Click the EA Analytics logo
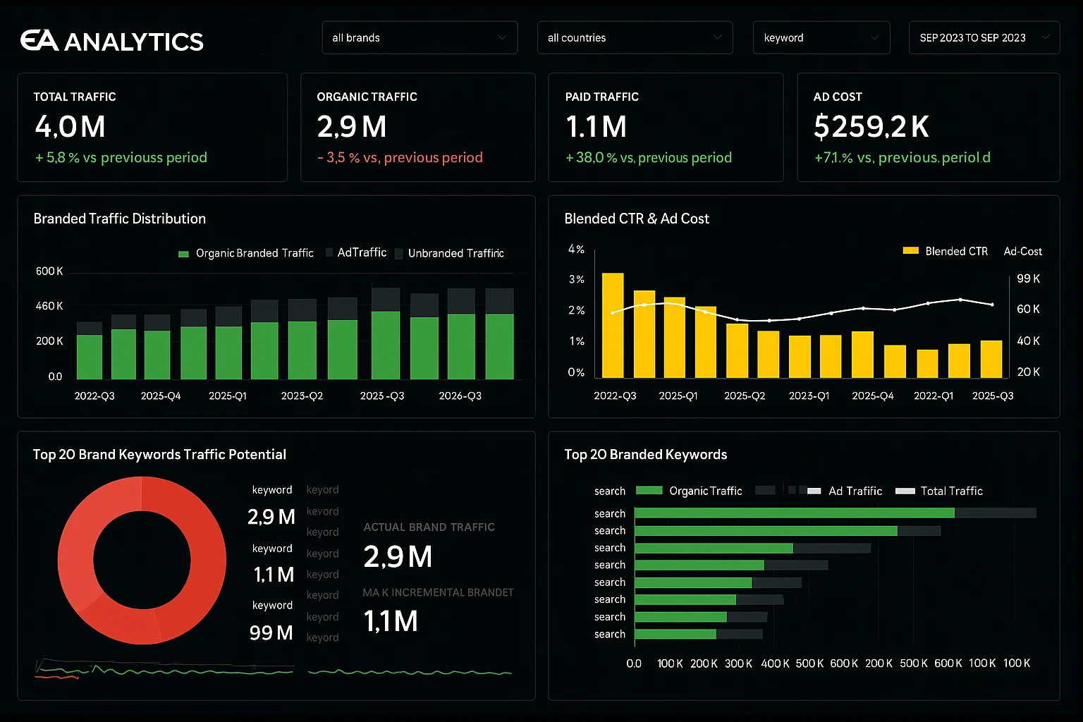pyautogui.click(x=111, y=41)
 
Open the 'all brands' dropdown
pyautogui.click(x=420, y=38)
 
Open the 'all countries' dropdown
pyautogui.click(x=635, y=38)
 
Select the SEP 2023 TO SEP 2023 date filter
pyautogui.click(x=984, y=38)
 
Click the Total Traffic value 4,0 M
pyautogui.click(x=71, y=127)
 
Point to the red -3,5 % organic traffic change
pyautogui.click(x=400, y=158)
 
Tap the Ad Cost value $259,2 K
pyautogui.click(x=871, y=127)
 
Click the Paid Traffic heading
pyautogui.click(x=601, y=97)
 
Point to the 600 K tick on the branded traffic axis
pyautogui.click(x=49, y=271)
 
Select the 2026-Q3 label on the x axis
pyautogui.click(x=460, y=396)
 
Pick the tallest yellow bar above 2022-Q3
pyautogui.click(x=612, y=325)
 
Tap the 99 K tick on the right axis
pyautogui.click(x=1028, y=279)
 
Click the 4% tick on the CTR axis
pyautogui.click(x=576, y=250)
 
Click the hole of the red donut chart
pyautogui.click(x=142, y=561)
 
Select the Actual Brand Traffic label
pyautogui.click(x=429, y=527)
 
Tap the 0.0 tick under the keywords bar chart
pyautogui.click(x=634, y=663)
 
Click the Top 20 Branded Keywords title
pyautogui.click(x=645, y=455)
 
